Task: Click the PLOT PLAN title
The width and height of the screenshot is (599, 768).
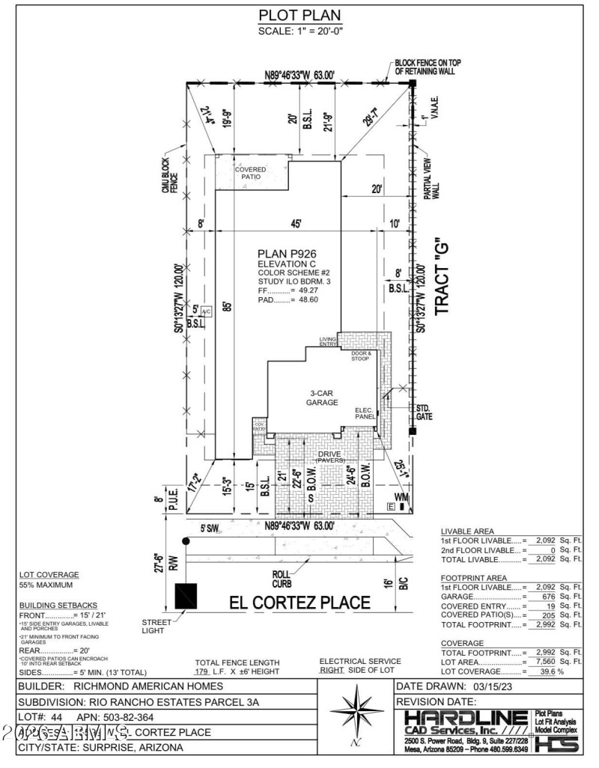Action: (x=299, y=15)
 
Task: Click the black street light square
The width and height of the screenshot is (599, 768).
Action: (x=186, y=596)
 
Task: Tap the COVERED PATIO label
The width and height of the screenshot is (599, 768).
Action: (x=250, y=174)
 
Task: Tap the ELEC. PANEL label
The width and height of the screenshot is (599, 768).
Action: (x=364, y=412)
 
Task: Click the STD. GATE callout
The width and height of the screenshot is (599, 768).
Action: (x=427, y=411)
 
